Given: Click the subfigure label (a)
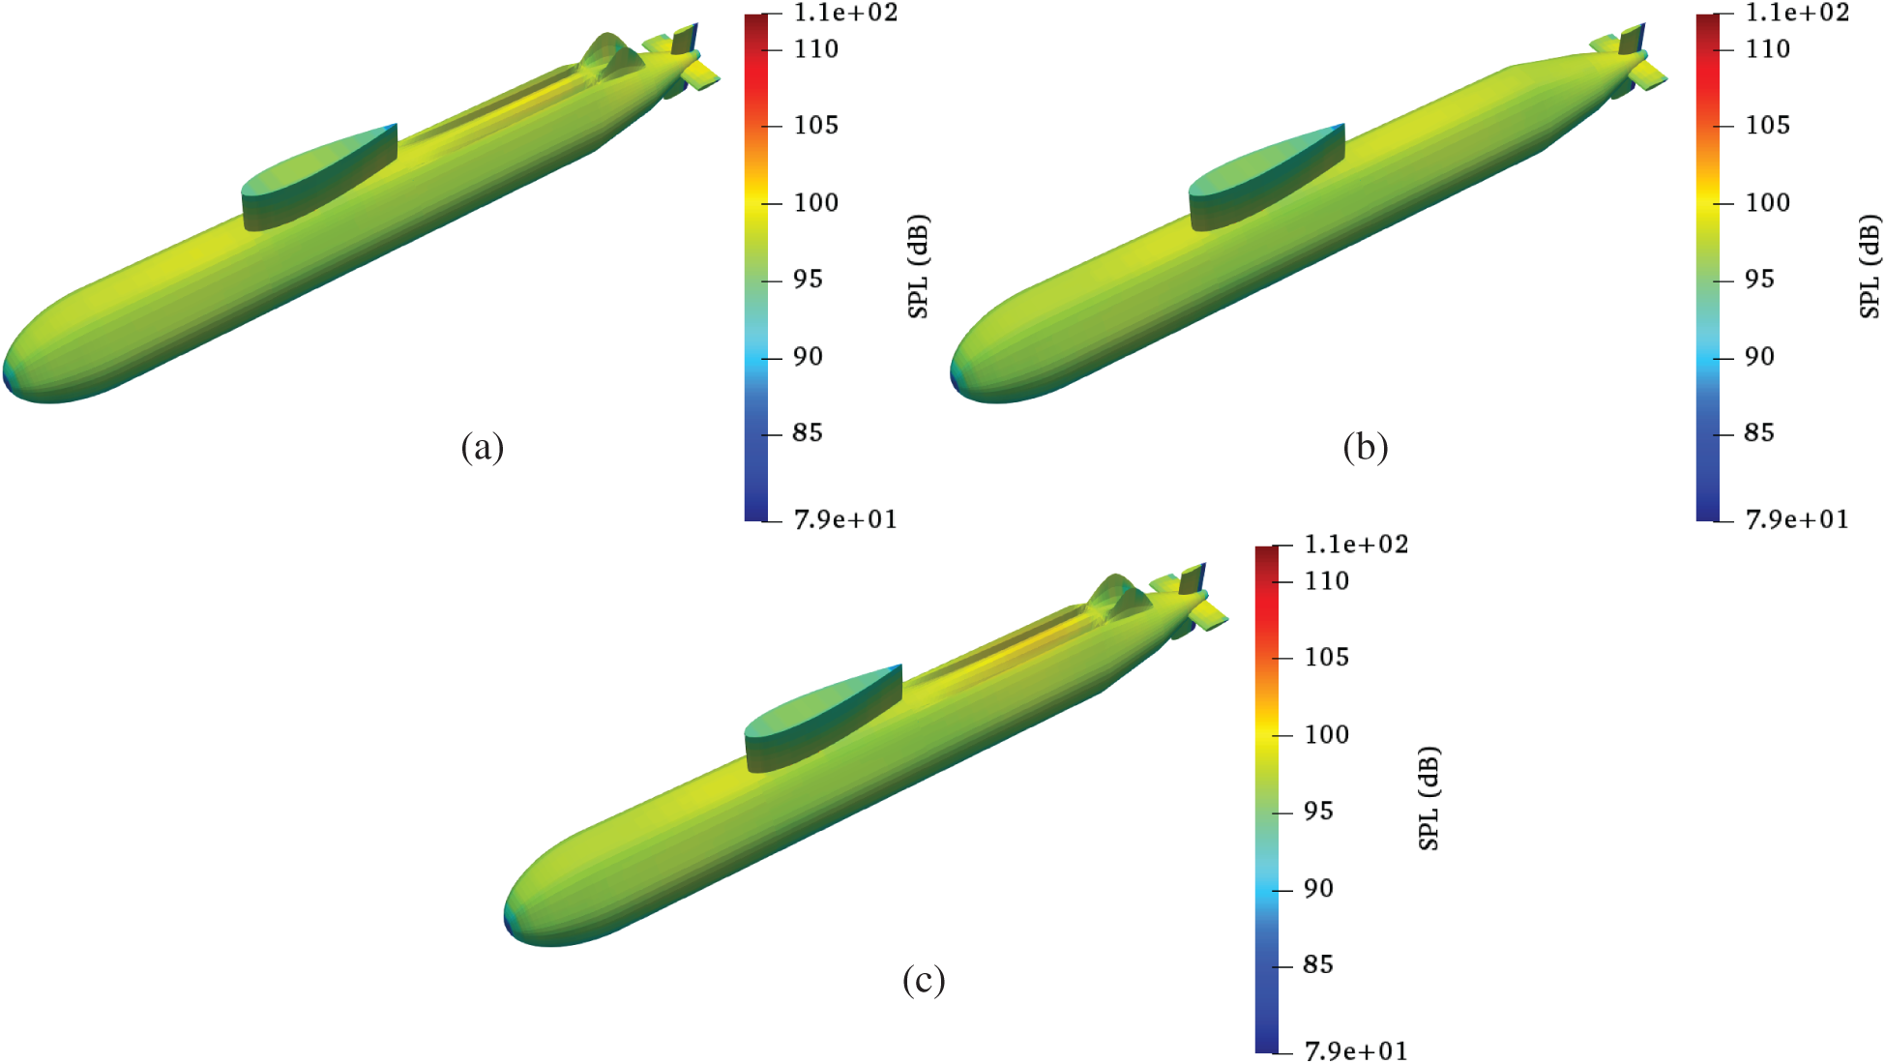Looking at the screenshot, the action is coord(483,447).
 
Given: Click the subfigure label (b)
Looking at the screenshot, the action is coord(1366,447).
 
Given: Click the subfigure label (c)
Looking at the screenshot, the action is coord(924,980).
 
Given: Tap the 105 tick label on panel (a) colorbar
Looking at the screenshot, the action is coord(816,125).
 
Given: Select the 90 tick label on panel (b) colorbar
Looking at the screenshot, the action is coord(1759,356).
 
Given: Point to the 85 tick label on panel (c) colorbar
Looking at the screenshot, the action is coord(1318,964).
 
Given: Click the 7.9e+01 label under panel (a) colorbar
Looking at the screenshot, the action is coord(845,519).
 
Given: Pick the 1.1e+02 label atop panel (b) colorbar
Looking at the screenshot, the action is coord(1797,13).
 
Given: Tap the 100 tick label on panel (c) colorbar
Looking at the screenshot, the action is coord(1327,734).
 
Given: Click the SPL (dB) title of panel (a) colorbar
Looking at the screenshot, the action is coord(918,267).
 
